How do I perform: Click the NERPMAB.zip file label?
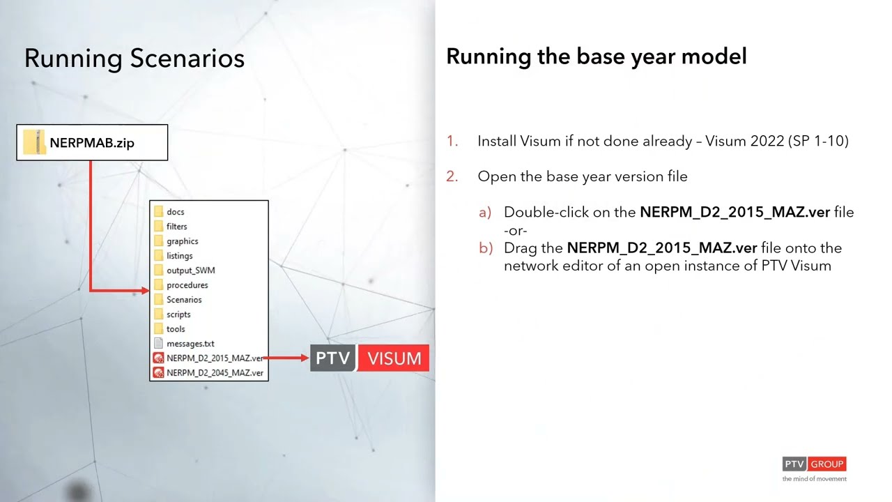point(91,143)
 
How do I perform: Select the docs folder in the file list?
point(175,212)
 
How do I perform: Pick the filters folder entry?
point(176,227)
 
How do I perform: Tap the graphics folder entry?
point(182,241)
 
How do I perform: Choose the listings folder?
point(179,256)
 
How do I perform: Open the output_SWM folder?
point(190,271)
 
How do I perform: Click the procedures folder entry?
point(187,285)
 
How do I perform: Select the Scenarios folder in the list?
point(184,300)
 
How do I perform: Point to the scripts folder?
point(178,314)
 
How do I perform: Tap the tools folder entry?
point(176,329)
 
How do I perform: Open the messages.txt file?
point(190,344)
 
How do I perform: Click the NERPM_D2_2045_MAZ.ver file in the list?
point(215,373)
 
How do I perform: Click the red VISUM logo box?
point(394,358)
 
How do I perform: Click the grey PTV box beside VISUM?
point(333,358)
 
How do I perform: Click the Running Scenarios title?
point(134,58)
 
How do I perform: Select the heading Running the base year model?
point(596,56)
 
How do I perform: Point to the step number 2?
point(452,176)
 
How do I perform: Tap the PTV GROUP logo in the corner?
point(813,464)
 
